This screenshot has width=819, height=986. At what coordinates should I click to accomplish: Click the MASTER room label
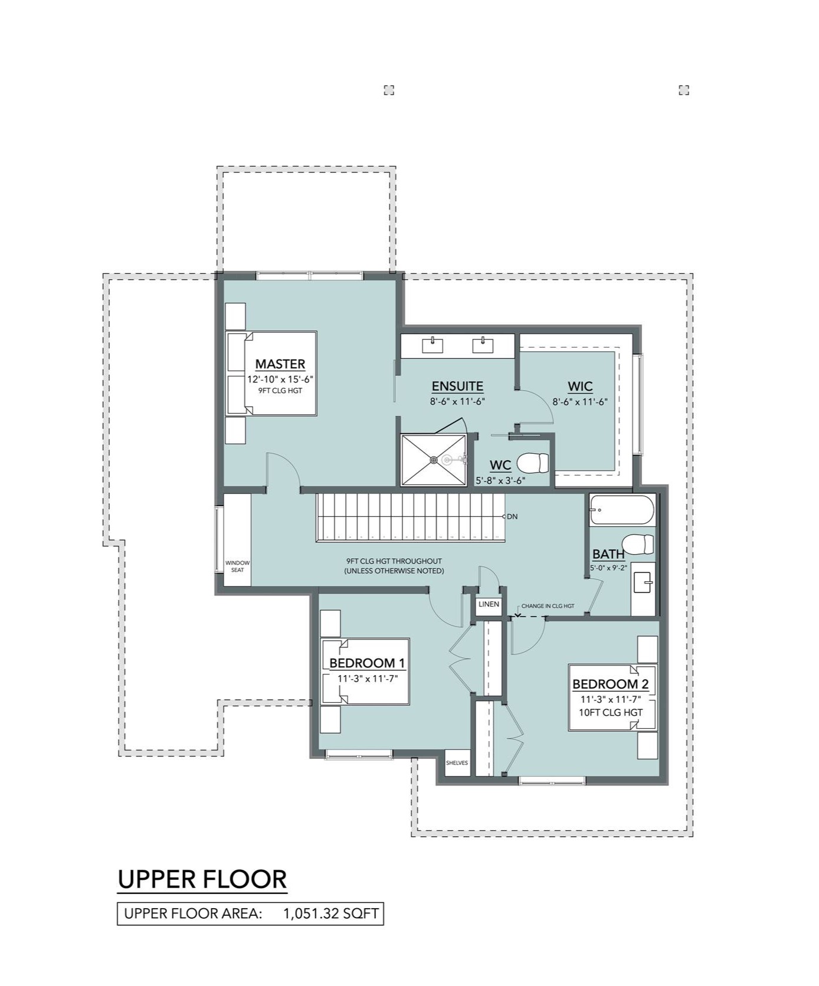(x=280, y=364)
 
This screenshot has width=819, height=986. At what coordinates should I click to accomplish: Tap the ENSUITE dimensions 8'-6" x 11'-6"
(x=457, y=402)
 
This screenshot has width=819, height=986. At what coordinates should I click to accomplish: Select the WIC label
(x=579, y=386)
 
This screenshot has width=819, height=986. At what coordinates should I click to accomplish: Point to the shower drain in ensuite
(x=434, y=460)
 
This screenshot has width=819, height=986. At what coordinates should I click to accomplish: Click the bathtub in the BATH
(x=622, y=509)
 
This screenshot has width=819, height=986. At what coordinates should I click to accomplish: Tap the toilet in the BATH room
(x=638, y=544)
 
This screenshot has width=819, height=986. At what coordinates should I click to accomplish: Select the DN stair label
(x=512, y=516)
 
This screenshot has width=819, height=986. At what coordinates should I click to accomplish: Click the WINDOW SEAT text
(x=237, y=566)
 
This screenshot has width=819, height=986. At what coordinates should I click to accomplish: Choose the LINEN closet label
(x=489, y=604)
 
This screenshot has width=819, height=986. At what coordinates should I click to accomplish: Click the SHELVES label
(x=457, y=763)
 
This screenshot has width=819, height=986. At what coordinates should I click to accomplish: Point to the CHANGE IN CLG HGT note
(x=548, y=606)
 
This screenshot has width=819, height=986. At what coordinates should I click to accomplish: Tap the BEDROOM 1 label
(x=366, y=663)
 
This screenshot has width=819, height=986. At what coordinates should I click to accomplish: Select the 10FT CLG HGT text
(x=610, y=712)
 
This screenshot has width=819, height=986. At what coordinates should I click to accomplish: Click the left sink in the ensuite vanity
(x=433, y=344)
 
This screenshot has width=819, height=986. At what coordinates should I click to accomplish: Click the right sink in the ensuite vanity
(x=483, y=344)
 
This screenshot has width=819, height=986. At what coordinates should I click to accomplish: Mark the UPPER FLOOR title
(x=202, y=879)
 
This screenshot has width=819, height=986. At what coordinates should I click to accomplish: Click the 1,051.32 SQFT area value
(x=330, y=913)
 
